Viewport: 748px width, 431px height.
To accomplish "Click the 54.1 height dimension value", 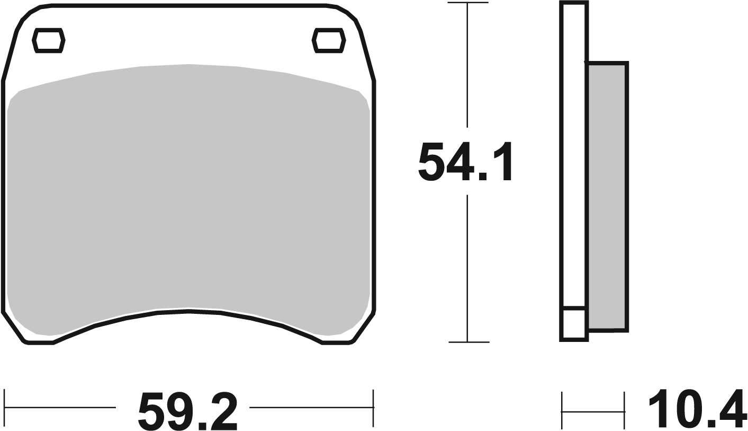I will pyautogui.click(x=465, y=161).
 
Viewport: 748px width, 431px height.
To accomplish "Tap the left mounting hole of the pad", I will pyautogui.click(x=49, y=40).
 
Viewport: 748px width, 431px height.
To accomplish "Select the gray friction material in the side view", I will pyautogui.click(x=607, y=196).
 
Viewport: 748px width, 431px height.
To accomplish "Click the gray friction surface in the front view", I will pyautogui.click(x=188, y=191).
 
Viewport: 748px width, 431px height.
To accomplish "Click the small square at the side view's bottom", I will pyautogui.click(x=574, y=323).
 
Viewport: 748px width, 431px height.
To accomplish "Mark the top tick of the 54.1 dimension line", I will pyautogui.click(x=467, y=3).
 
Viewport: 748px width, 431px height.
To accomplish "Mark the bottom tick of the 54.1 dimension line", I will pyautogui.click(x=468, y=342).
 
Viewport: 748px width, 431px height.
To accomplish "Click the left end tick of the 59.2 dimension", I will pyautogui.click(x=5, y=408).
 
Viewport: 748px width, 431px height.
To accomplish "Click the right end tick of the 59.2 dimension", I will pyautogui.click(x=373, y=408).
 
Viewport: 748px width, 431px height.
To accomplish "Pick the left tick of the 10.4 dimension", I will pyautogui.click(x=562, y=411).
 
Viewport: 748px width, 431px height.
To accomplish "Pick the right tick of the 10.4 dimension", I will pyautogui.click(x=625, y=411).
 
